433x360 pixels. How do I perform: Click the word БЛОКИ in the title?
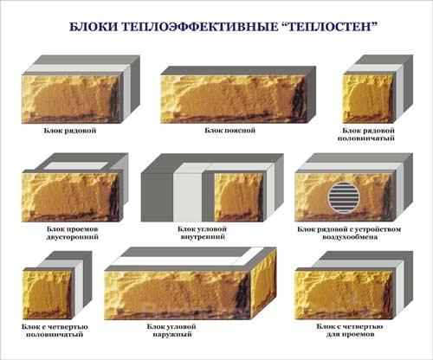91,27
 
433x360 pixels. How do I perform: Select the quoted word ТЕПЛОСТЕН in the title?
327,27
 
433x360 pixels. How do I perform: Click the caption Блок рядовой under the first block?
70,131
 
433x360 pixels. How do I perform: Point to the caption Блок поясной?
230,131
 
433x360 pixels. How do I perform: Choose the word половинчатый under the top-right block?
366,138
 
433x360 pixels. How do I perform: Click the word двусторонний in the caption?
73,237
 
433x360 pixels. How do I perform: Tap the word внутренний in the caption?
203,237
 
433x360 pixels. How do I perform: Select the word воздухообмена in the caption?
350,237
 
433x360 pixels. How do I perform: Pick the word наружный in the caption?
172,335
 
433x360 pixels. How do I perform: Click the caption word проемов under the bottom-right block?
360,335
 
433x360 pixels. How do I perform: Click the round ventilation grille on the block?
343,197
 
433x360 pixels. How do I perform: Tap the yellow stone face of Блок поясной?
233,99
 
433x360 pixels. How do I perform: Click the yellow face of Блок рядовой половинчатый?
368,99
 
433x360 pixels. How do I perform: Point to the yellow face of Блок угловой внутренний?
238,197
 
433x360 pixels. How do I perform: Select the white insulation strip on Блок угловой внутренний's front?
188,197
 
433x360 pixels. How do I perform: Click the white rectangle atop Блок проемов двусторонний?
77,165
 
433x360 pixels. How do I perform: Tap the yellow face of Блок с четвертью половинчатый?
47,295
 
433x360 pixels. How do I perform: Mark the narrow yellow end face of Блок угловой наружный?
263,284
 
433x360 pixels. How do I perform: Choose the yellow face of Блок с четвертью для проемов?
344,294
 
